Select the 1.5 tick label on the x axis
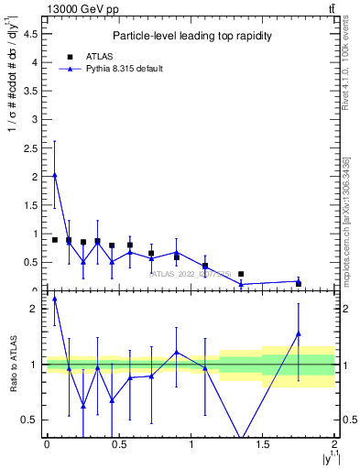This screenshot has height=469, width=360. tap(263, 444)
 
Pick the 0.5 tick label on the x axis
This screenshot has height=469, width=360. tap(119, 444)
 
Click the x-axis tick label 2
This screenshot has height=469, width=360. tap(335, 444)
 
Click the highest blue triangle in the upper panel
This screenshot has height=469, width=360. tap(55, 175)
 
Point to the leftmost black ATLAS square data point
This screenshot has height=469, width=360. tap(55, 240)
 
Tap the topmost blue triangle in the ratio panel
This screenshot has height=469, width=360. tap(55, 299)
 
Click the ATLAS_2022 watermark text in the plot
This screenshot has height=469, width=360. tap(190, 273)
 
